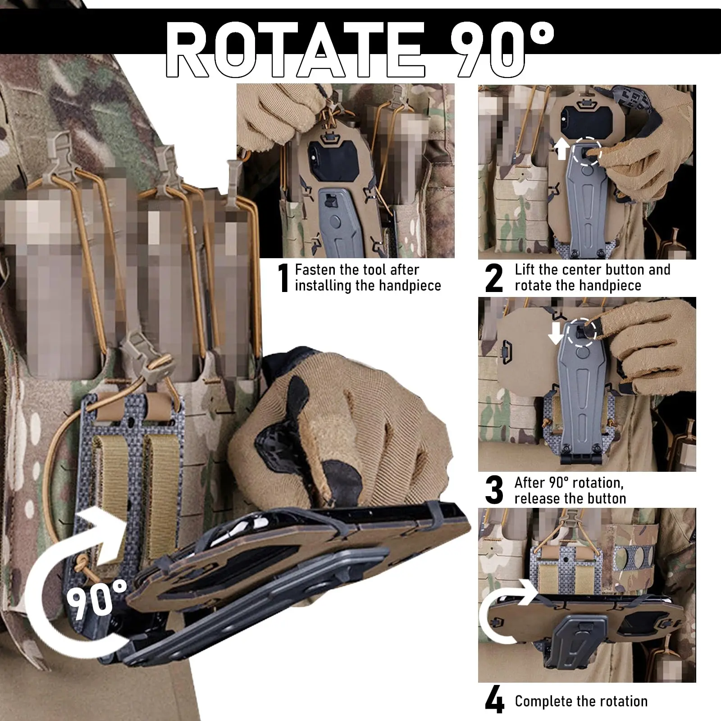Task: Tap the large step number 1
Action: (x=283, y=278)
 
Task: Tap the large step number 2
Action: (x=494, y=278)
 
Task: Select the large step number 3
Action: (x=494, y=490)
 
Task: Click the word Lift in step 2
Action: (x=525, y=269)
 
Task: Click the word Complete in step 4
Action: (x=544, y=702)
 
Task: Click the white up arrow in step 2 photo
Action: (x=561, y=149)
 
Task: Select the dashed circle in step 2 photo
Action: (x=587, y=151)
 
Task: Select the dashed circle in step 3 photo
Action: (x=582, y=332)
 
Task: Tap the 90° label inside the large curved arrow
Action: (x=97, y=598)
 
